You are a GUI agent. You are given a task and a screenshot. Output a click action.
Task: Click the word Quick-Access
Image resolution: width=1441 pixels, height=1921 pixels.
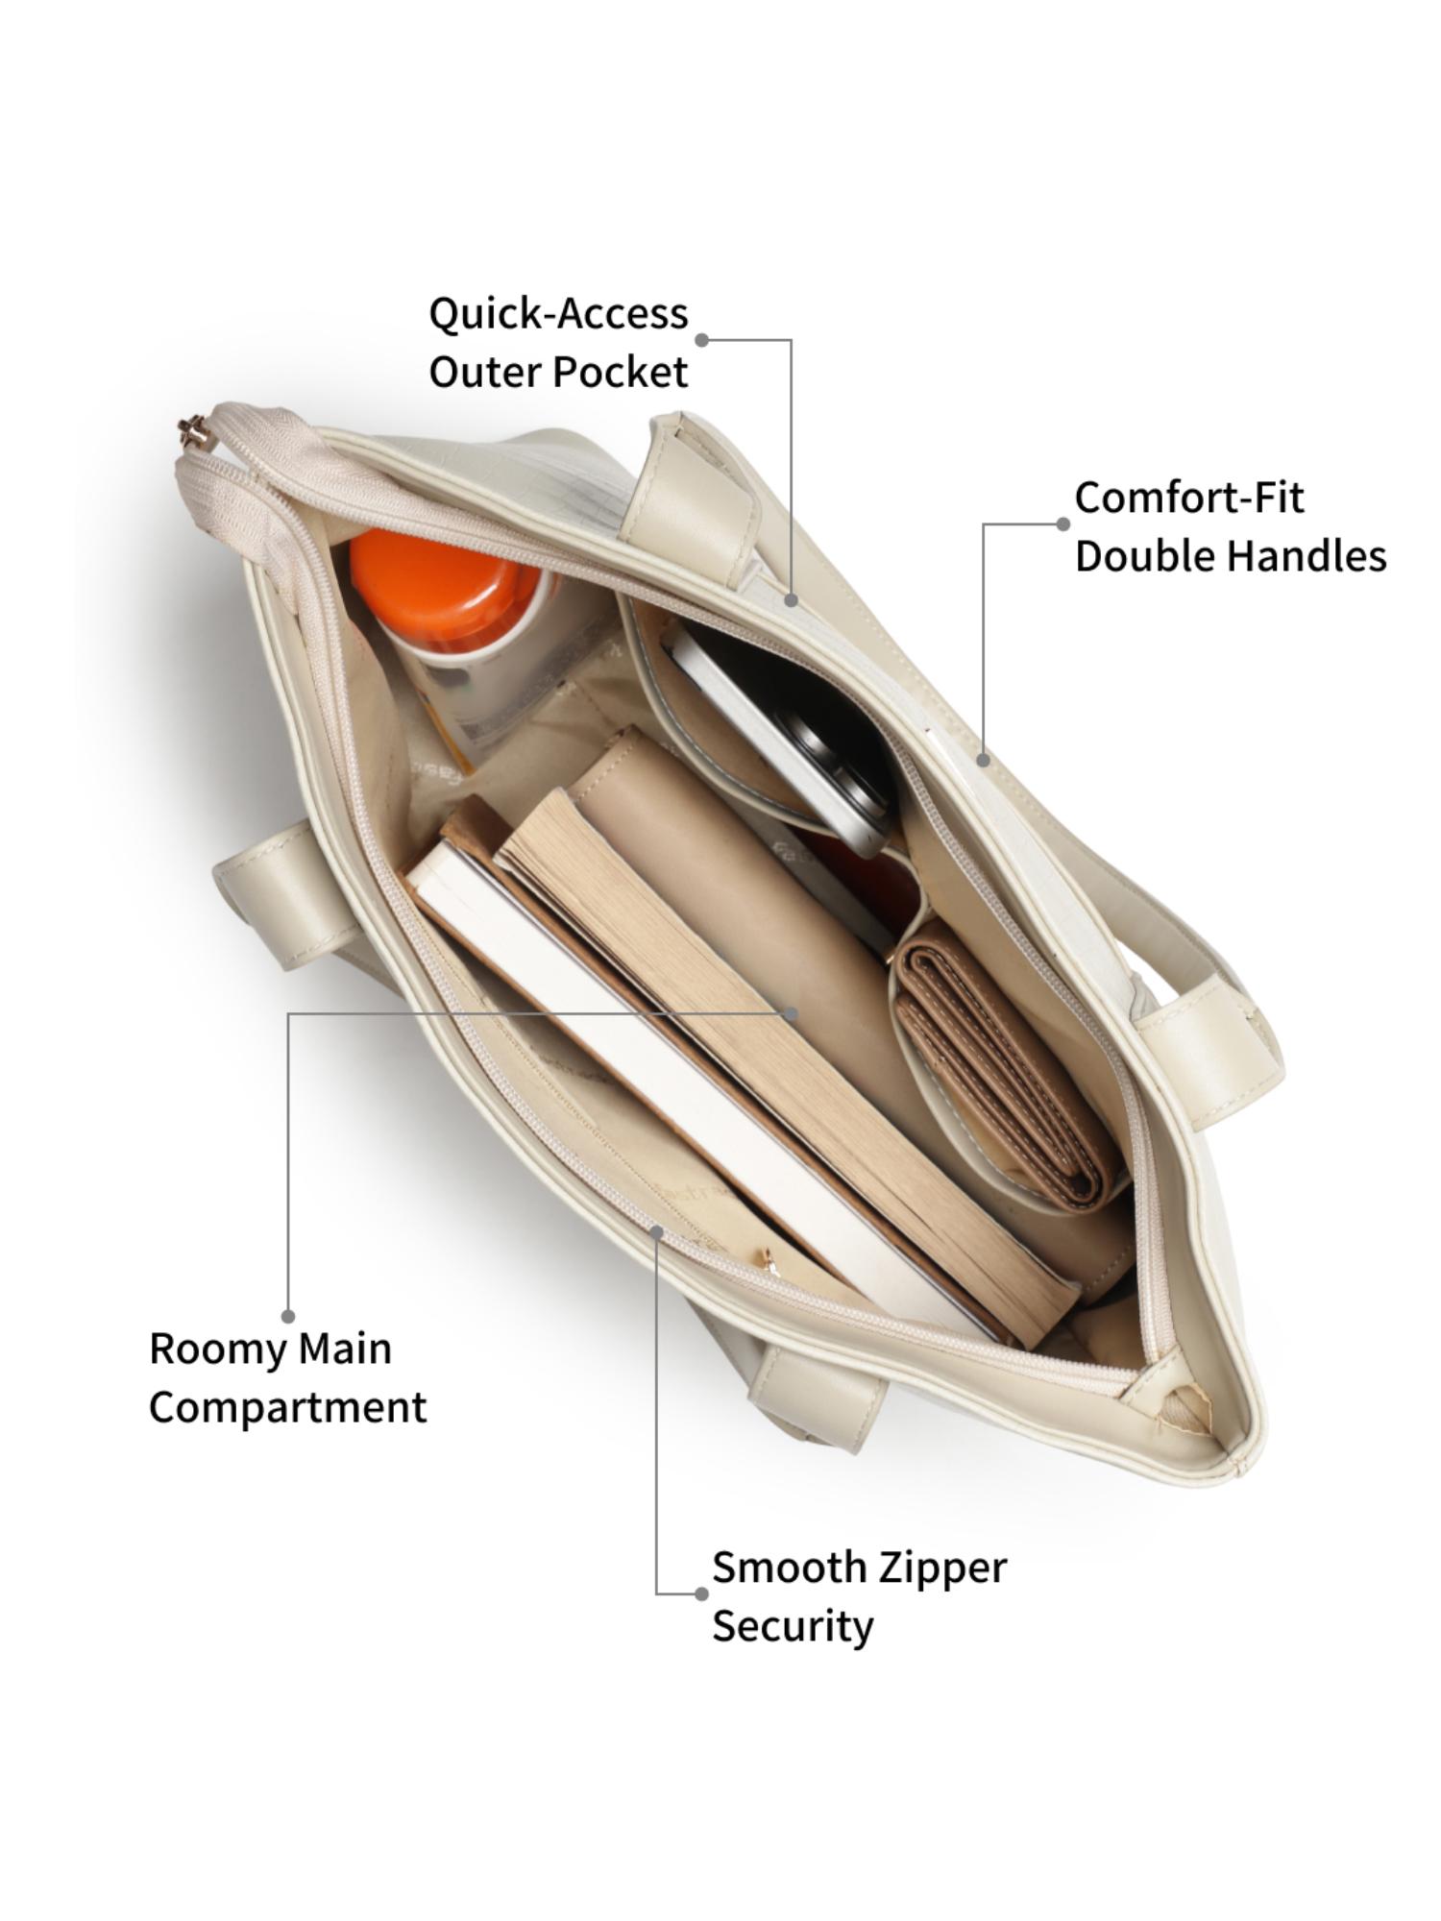(x=558, y=315)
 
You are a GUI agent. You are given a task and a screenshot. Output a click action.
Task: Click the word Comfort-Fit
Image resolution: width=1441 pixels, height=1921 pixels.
(x=1189, y=498)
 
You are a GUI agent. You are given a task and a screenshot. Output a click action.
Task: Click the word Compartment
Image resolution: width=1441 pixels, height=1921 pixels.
(x=287, y=1408)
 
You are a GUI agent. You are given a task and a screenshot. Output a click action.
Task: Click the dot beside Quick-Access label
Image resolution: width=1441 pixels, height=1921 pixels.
(x=702, y=340)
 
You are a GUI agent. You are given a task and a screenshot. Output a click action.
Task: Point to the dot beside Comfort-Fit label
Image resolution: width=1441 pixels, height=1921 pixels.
(x=1062, y=524)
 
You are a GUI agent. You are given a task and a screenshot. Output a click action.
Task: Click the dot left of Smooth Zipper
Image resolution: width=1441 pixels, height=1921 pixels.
(x=701, y=1593)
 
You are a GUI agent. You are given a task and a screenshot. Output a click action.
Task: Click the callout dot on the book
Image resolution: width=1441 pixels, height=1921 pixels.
(x=791, y=1012)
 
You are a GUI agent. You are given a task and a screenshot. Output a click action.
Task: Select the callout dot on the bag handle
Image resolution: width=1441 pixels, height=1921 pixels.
(x=983, y=760)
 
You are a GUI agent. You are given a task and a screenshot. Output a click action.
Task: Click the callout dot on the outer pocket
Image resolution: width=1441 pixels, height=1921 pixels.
(x=791, y=599)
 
